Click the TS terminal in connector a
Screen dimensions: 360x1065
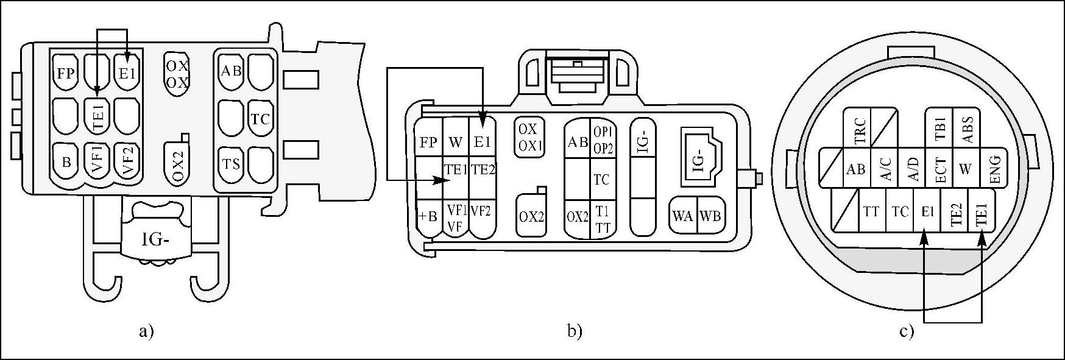click(231, 164)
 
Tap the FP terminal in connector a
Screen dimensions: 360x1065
click(66, 74)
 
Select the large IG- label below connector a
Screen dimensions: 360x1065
click(155, 239)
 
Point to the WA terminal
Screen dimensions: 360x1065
click(682, 214)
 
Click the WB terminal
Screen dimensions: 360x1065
click(710, 214)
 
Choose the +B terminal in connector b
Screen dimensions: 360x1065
click(428, 216)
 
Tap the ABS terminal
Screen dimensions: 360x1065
click(967, 129)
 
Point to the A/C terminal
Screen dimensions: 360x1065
click(885, 169)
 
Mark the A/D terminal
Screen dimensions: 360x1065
click(913, 169)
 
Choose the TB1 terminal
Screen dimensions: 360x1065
click(939, 129)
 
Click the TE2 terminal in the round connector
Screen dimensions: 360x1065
click(955, 213)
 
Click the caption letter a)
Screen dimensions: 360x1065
click(146, 332)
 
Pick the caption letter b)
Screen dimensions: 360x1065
click(575, 332)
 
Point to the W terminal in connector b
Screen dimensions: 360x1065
click(456, 143)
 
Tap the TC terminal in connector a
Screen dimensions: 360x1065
click(260, 119)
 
